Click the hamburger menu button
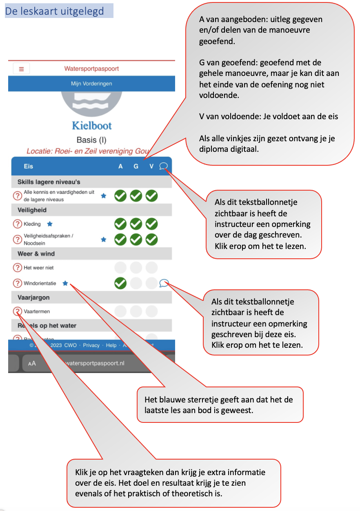click(x=21, y=69)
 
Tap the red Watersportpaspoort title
click(x=91, y=69)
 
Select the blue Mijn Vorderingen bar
click(x=91, y=84)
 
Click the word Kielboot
click(x=92, y=125)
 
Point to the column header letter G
click(x=136, y=167)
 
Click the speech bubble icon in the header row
click(x=163, y=166)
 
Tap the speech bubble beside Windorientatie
click(x=164, y=283)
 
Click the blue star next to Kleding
click(x=50, y=224)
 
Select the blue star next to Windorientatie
click(x=65, y=283)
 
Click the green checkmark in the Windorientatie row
click(x=120, y=283)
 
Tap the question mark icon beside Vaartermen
click(x=17, y=311)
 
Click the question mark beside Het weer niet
click(x=17, y=268)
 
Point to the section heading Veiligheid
click(x=32, y=210)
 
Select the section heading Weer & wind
click(x=36, y=254)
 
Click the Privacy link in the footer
click(x=91, y=345)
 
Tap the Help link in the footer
click(x=111, y=345)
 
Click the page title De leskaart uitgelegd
click(x=55, y=11)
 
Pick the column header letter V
click(x=151, y=167)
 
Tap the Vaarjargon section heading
click(x=33, y=298)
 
